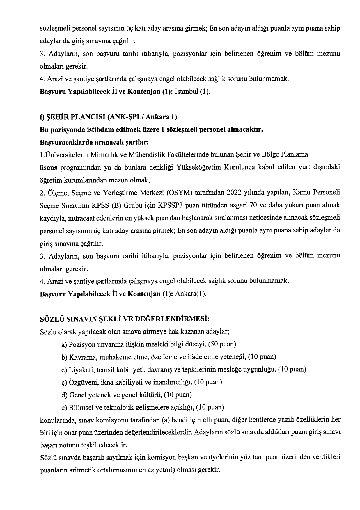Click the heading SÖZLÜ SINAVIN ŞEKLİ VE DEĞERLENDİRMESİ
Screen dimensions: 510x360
coord(125,319)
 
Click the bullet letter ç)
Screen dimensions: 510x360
coord(65,382)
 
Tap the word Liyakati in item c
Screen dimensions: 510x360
coord(79,369)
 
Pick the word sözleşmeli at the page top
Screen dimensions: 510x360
coord(52,29)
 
